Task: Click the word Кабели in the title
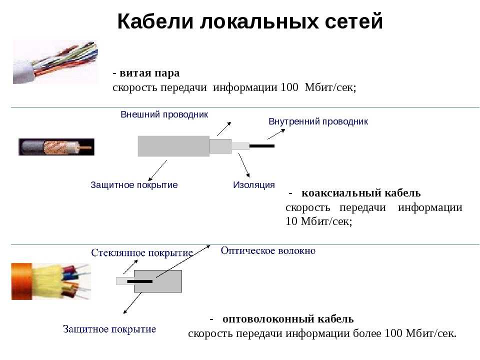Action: click(155, 21)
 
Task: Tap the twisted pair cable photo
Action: click(55, 62)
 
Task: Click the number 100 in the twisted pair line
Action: click(289, 87)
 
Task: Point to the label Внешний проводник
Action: click(164, 114)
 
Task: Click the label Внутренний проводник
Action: click(318, 121)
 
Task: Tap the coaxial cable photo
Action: click(56, 147)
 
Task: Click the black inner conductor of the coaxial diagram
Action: click(261, 146)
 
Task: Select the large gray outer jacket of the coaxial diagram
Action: click(173, 146)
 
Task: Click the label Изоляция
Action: click(254, 185)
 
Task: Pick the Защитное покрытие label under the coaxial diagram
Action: click(134, 185)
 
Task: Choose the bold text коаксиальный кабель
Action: click(361, 193)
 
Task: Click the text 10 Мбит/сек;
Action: click(318, 221)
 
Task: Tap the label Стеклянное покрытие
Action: click(141, 253)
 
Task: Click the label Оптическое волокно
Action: click(268, 250)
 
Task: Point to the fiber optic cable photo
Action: click(51, 281)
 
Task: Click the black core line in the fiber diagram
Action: click(139, 281)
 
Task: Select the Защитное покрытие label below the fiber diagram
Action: click(109, 329)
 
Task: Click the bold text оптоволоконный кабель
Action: click(288, 319)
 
